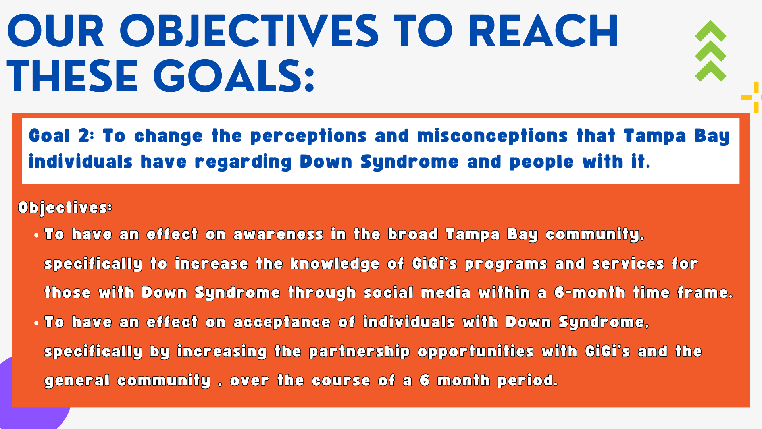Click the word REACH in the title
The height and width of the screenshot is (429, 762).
pyautogui.click(x=543, y=31)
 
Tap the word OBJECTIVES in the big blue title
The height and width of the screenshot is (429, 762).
pyautogui.click(x=249, y=31)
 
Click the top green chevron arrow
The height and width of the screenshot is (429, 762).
pyautogui.click(x=710, y=31)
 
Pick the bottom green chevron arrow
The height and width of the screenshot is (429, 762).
pyautogui.click(x=710, y=71)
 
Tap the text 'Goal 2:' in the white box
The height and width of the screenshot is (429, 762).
pyautogui.click(x=62, y=136)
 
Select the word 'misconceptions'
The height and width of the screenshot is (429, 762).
pyautogui.click(x=493, y=136)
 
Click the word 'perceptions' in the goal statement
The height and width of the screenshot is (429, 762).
pyautogui.click(x=308, y=136)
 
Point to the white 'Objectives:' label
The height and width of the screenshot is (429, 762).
pyautogui.click(x=65, y=207)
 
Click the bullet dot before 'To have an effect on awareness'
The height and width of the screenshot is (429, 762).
pyautogui.click(x=37, y=235)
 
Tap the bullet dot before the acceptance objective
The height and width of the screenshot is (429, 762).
pyautogui.click(x=37, y=323)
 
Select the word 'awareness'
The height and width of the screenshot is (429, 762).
pyautogui.click(x=278, y=234)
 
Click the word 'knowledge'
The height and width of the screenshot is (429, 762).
pyautogui.click(x=335, y=264)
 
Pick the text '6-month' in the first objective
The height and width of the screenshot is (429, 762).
pyautogui.click(x=590, y=292)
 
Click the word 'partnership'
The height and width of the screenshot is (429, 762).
pyautogui.click(x=359, y=352)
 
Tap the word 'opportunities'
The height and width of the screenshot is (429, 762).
pyautogui.click(x=475, y=352)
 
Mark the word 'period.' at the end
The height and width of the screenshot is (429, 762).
pyautogui.click(x=528, y=381)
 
